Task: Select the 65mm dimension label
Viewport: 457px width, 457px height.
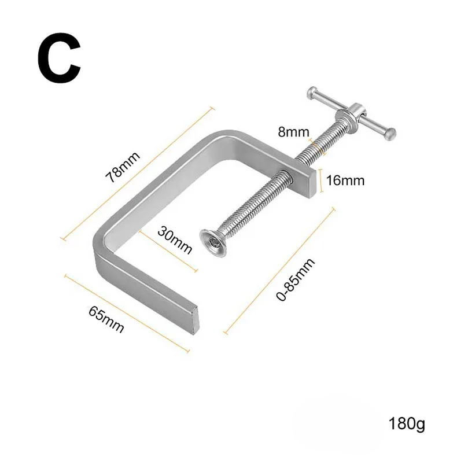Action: (106, 319)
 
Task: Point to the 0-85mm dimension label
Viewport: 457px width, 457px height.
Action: (295, 279)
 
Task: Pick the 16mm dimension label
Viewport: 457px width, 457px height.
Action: (345, 180)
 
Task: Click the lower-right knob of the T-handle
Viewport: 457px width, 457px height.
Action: (392, 133)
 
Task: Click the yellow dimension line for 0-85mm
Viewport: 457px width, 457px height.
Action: (279, 270)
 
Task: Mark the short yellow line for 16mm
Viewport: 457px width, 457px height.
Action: (320, 180)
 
